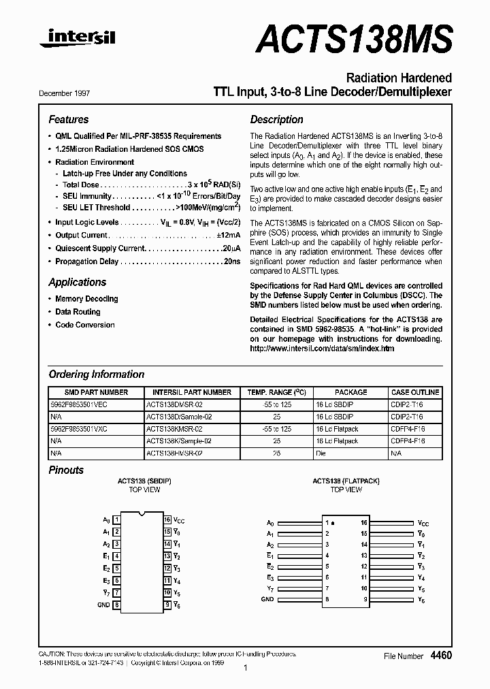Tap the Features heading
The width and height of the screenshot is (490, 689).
[68, 119]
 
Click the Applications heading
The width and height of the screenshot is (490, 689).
[77, 283]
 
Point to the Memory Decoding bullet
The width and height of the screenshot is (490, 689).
[86, 299]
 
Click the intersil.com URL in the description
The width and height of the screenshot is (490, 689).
[322, 349]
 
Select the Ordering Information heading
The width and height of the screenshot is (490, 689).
[96, 374]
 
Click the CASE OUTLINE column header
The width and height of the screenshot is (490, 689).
[415, 392]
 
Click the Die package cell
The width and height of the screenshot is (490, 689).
[321, 453]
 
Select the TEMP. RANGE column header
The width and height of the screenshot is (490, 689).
[276, 392]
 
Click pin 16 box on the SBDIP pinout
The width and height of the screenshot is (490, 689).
[167, 519]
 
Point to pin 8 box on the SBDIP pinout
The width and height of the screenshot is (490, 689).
[117, 604]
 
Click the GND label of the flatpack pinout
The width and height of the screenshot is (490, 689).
[267, 599]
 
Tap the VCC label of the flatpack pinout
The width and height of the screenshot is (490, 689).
[423, 522]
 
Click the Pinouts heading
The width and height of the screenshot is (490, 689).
[66, 470]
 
